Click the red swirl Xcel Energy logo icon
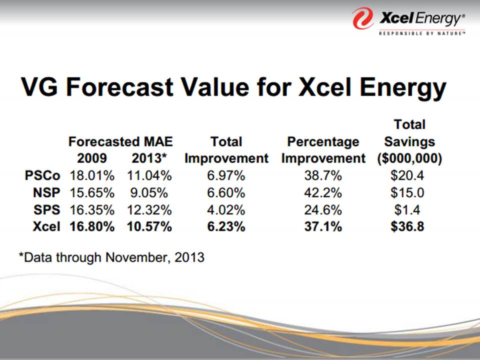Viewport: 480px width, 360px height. [363, 18]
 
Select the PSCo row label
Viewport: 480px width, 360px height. [42, 175]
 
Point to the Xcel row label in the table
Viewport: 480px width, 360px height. [46, 226]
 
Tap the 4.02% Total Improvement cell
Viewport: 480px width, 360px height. [226, 209]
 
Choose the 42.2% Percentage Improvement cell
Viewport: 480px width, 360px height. [323, 192]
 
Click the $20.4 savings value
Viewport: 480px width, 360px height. [409, 175]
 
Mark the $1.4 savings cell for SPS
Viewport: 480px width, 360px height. [409, 209]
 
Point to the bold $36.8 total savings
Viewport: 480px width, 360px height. [409, 226]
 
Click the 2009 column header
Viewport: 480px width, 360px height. [91, 158]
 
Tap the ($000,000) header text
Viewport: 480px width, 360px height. [409, 158]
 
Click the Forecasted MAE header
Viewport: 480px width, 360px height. [120, 142]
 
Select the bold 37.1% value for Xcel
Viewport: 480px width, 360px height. [323, 226]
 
